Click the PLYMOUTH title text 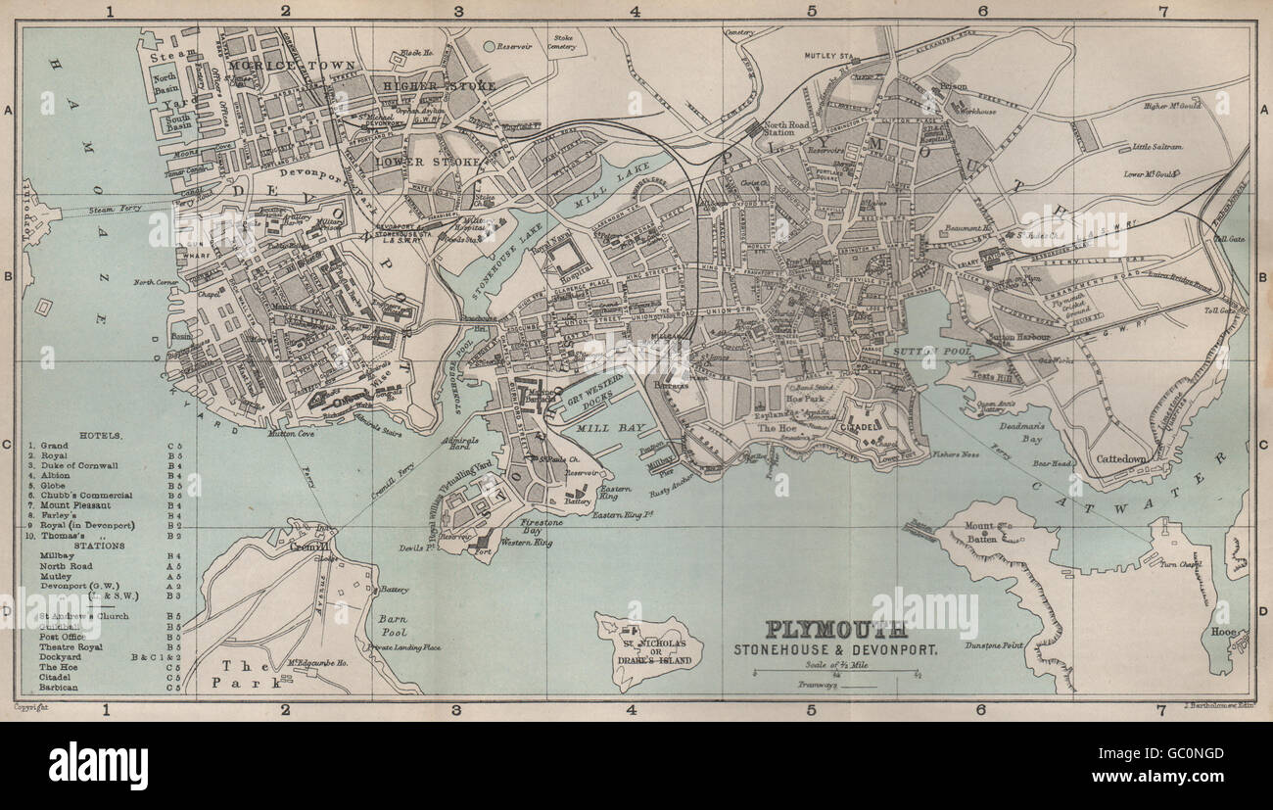(835, 629)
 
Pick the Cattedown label (1121, 458)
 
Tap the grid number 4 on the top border (635, 13)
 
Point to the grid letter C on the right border (1261, 443)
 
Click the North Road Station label (786, 131)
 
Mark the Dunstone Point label (992, 646)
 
